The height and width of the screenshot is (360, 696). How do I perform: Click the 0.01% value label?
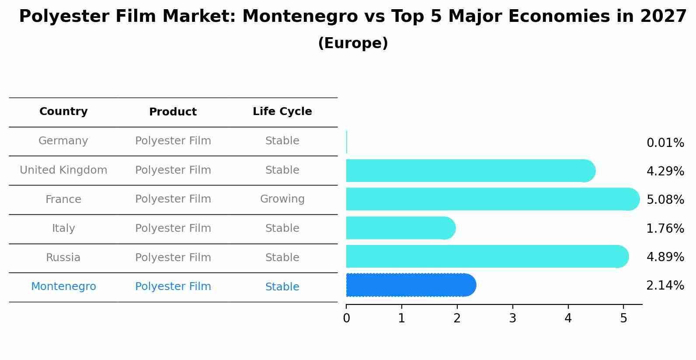[x=665, y=143]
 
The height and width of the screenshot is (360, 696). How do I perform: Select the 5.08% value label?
[x=665, y=200]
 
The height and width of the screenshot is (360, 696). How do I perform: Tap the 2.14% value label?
[x=665, y=286]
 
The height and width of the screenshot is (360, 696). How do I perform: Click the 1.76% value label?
[x=665, y=228]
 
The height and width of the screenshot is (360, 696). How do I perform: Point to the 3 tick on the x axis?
[x=513, y=318]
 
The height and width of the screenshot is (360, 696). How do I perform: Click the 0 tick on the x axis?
[x=346, y=318]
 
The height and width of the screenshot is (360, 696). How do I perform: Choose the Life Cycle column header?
[x=282, y=112]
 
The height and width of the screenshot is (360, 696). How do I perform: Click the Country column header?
[x=63, y=112]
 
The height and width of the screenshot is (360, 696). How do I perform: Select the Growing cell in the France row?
[x=282, y=199]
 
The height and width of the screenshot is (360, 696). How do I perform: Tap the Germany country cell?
[x=63, y=141]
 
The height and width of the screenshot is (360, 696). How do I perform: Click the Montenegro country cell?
[x=63, y=287]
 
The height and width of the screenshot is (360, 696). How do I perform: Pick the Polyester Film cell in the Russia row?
[x=173, y=258]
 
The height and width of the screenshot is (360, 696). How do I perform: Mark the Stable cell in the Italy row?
[x=282, y=228]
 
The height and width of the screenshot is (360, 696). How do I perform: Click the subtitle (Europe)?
[x=353, y=43]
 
